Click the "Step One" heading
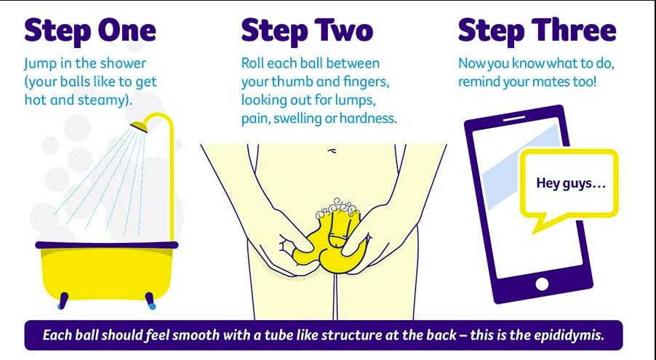pyautogui.click(x=90, y=31)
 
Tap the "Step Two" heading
pyautogui.click(x=307, y=31)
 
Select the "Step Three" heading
pyautogui.click(x=537, y=31)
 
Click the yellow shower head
pyautogui.click(x=139, y=127)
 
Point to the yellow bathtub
pyautogui.click(x=108, y=272)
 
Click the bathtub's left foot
pyautogui.click(x=63, y=300)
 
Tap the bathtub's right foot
pyautogui.click(x=151, y=300)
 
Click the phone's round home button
pyautogui.click(x=542, y=284)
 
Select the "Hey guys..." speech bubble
pyautogui.click(x=569, y=184)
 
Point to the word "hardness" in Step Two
pyautogui.click(x=368, y=119)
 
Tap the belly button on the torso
pyautogui.click(x=332, y=151)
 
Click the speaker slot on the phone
pyautogui.click(x=513, y=119)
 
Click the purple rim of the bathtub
pyautogui.click(x=107, y=245)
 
